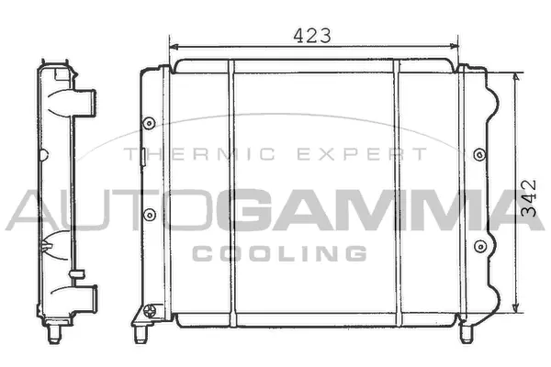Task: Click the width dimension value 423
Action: point(312,35)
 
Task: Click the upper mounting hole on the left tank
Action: point(150,123)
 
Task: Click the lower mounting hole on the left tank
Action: point(150,217)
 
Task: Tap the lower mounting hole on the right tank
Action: point(478,245)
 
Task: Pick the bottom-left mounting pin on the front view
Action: point(145,318)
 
